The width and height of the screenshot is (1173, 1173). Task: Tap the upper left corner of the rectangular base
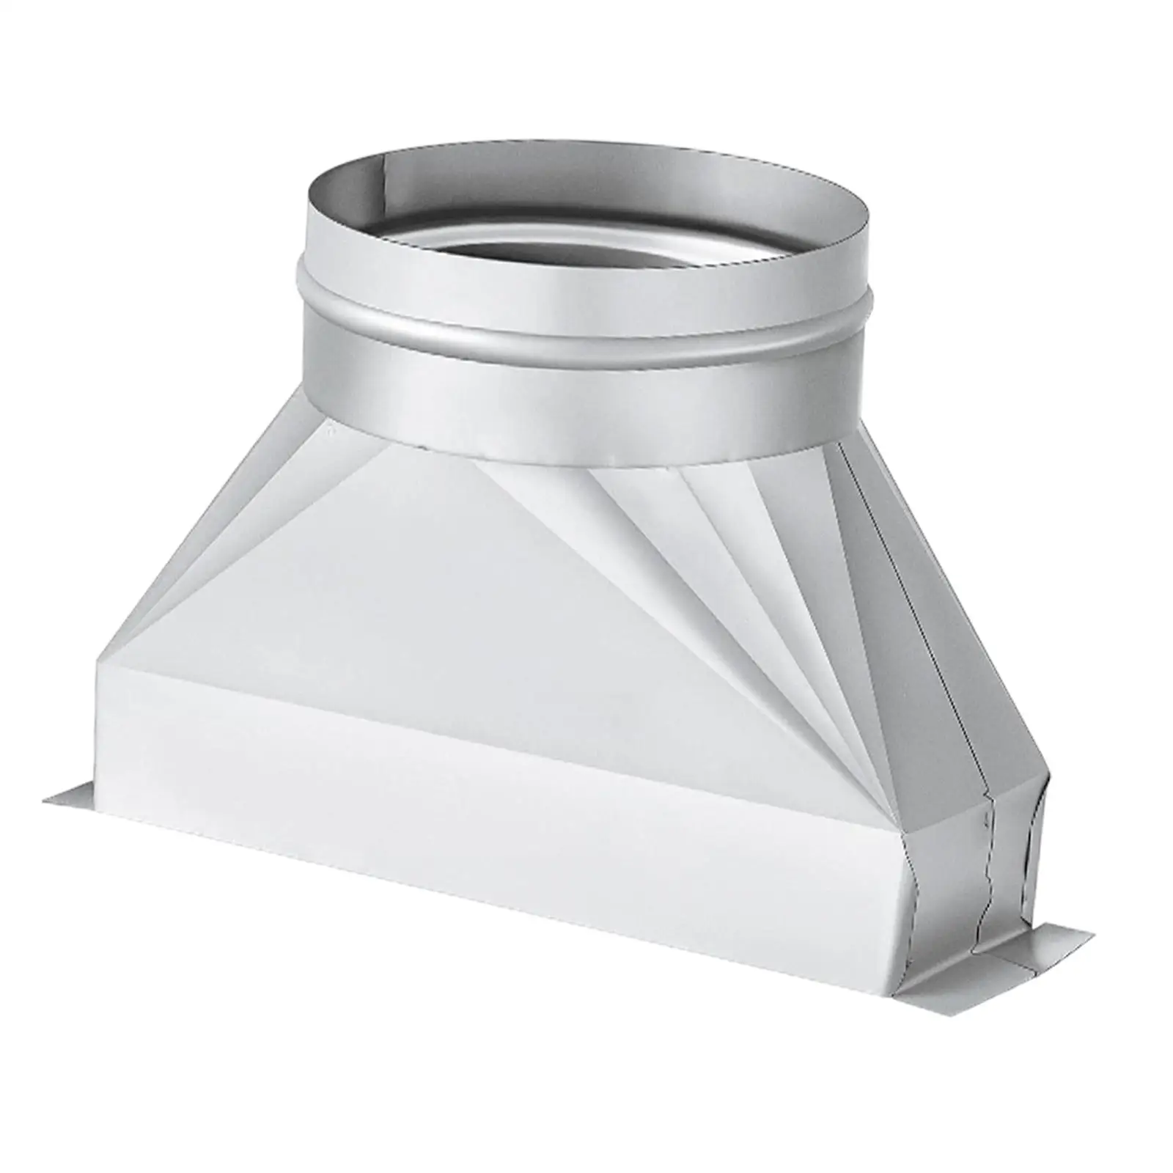[99, 663]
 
